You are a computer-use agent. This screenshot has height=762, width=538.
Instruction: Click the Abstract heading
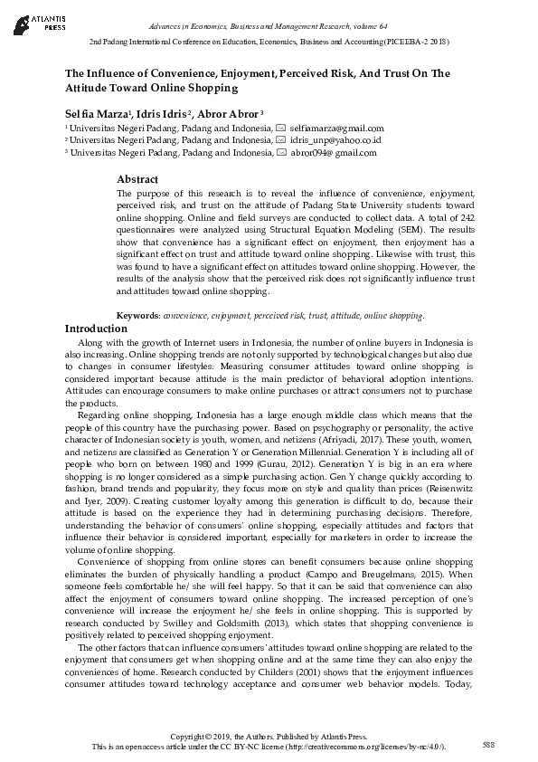(137, 179)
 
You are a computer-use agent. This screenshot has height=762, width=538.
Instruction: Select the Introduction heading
(96, 329)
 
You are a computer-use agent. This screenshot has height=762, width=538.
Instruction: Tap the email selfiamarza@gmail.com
(336, 129)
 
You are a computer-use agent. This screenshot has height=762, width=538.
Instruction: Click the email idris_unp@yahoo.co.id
(335, 140)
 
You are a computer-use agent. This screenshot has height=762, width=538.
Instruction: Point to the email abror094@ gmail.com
(333, 153)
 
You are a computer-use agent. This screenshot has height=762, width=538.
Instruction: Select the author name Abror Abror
(230, 112)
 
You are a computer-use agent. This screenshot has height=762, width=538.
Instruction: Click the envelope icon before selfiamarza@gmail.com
(281, 129)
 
